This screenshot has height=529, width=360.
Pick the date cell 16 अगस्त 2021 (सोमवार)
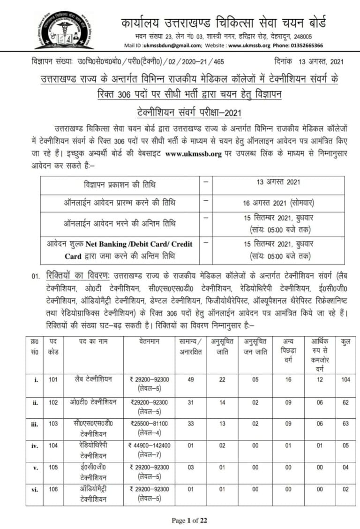(278, 203)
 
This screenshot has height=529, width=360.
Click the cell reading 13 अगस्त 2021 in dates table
(278, 182)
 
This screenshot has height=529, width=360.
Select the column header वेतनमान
(150, 342)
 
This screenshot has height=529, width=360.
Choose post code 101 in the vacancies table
(53, 379)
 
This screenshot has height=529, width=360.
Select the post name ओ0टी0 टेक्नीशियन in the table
(92, 402)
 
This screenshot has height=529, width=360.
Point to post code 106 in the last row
(53, 489)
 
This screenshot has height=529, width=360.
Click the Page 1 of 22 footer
(189, 520)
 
